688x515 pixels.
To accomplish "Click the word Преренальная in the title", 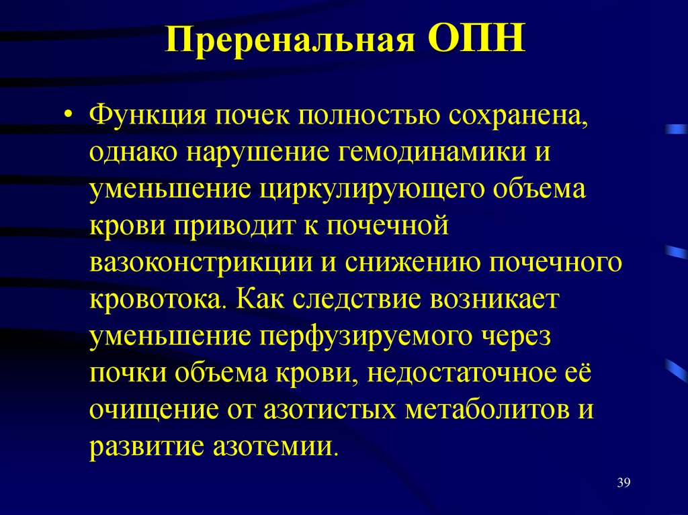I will [289, 42].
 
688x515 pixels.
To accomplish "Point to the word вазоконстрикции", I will [201, 262].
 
